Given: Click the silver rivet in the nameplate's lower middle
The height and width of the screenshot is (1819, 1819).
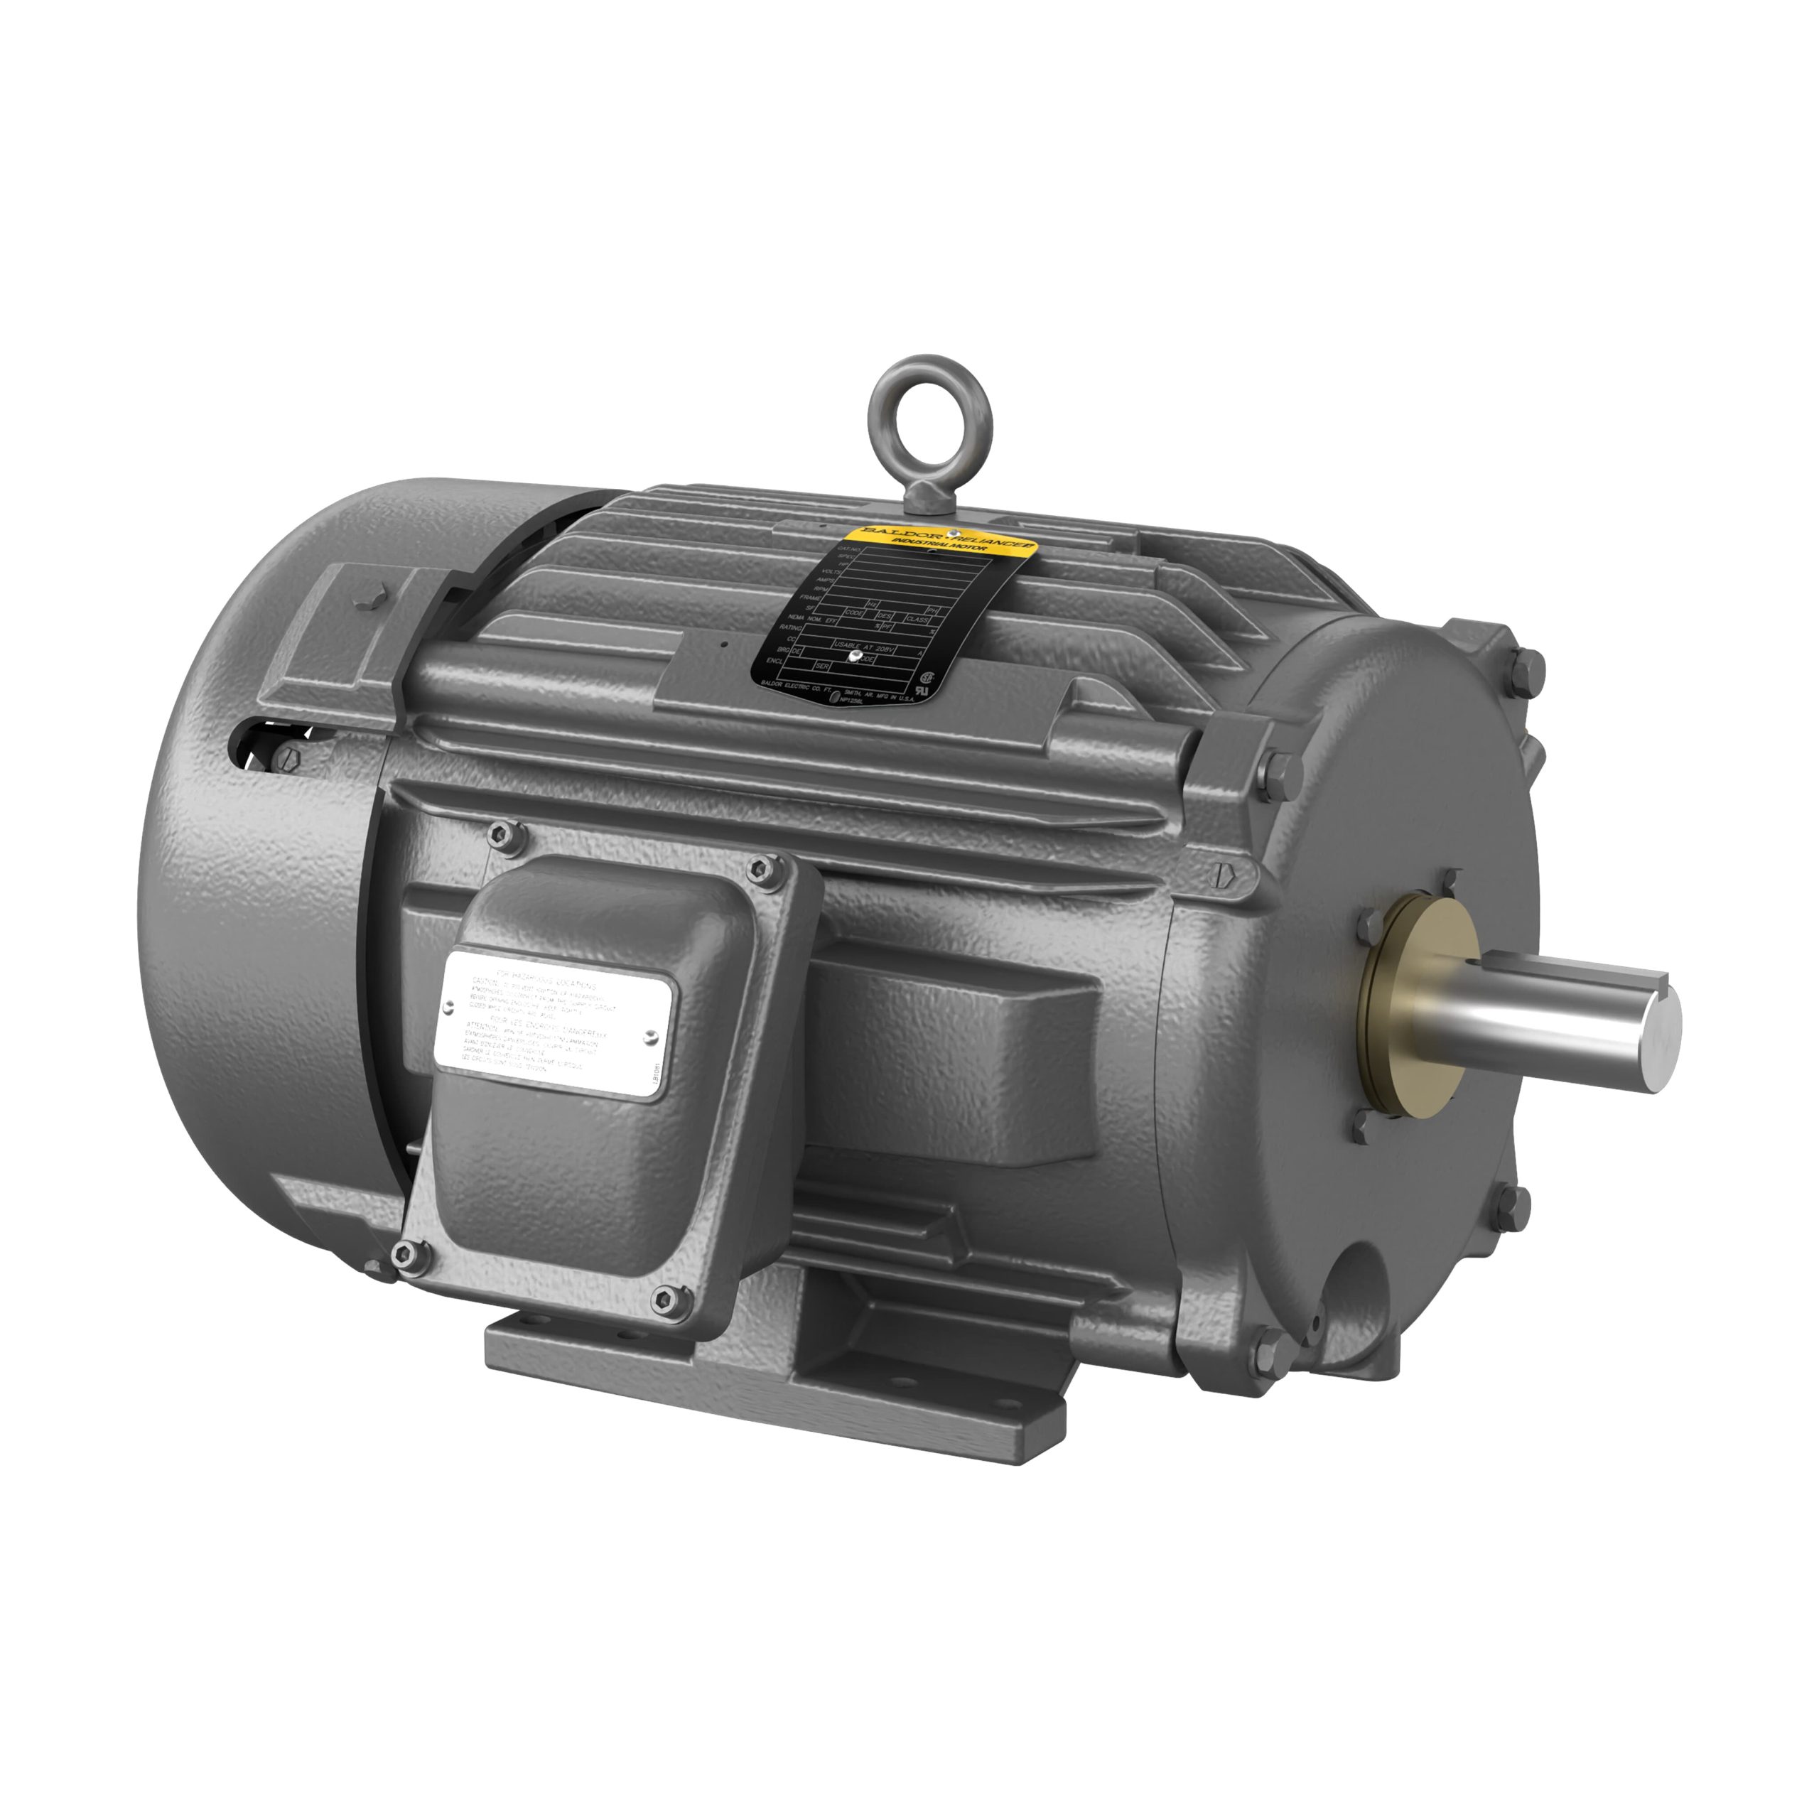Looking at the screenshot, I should click(x=854, y=657).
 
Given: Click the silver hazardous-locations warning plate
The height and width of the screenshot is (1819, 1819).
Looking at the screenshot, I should click(x=556, y=1020).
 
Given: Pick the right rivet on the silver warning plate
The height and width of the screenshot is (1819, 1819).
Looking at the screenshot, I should click(x=652, y=1036).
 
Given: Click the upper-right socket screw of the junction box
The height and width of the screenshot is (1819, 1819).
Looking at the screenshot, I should click(x=761, y=866).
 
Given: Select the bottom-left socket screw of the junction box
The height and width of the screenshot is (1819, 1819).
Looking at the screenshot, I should click(x=406, y=1252).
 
